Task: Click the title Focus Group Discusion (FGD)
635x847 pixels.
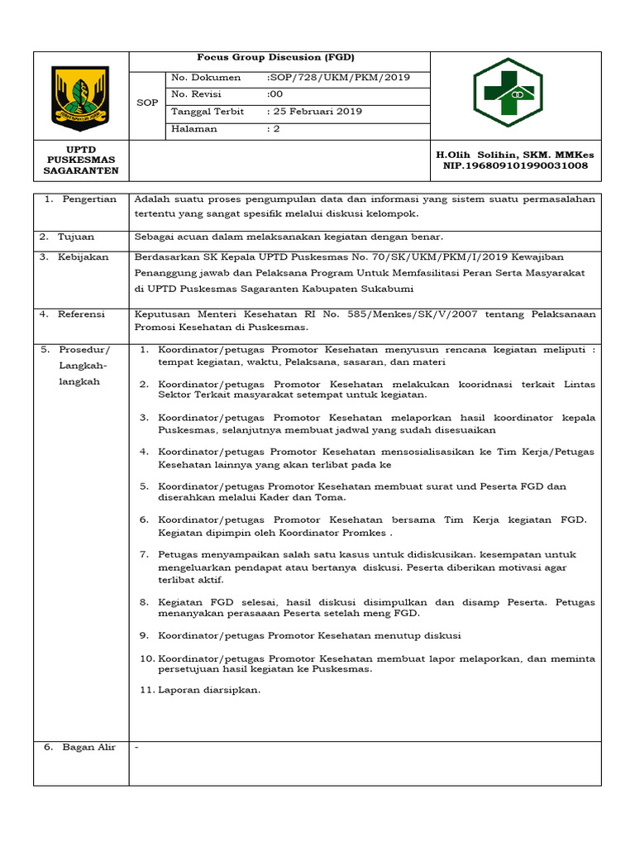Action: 275,58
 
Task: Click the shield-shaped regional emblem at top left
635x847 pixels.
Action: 81,97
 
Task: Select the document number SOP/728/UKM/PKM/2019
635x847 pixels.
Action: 338,78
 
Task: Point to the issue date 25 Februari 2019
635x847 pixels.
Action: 315,112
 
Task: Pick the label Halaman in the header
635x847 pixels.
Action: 194,129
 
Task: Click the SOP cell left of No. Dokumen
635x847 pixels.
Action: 146,103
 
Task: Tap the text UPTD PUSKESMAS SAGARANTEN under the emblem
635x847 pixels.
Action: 81,160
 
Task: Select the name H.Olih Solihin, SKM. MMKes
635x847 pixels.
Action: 514,155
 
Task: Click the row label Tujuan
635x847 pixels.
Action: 76,237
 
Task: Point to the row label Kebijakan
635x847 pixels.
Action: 84,257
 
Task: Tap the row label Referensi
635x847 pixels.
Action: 82,314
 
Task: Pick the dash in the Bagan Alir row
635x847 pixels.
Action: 136,748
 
